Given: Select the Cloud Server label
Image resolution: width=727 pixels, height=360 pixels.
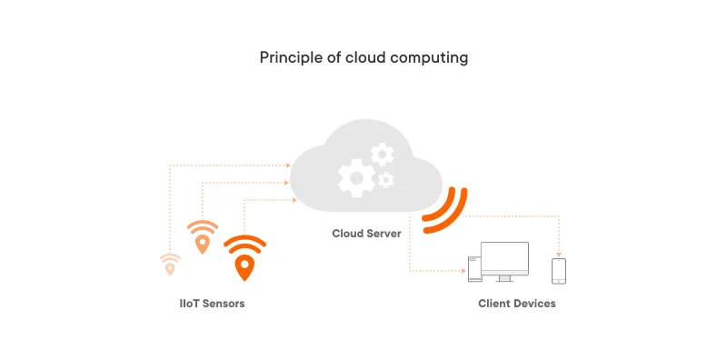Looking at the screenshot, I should (x=366, y=234).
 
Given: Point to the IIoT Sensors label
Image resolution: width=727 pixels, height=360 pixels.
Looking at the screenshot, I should (x=212, y=304).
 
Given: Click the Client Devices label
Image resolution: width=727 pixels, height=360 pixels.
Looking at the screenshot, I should (x=516, y=304).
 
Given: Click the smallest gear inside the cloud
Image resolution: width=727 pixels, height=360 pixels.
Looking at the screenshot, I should (x=386, y=180).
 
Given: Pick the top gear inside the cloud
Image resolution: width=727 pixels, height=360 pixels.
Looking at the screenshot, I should (x=382, y=154).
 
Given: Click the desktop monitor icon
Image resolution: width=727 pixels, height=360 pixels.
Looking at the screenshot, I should (x=504, y=260).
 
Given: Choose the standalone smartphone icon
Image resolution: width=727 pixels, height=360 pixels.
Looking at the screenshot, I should (x=559, y=270).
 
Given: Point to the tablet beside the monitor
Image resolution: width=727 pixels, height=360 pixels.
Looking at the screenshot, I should (x=473, y=267).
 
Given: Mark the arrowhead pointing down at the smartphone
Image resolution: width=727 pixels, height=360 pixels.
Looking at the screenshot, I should (x=559, y=254).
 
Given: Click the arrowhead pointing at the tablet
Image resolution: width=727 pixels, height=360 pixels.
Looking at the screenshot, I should (x=463, y=270).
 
